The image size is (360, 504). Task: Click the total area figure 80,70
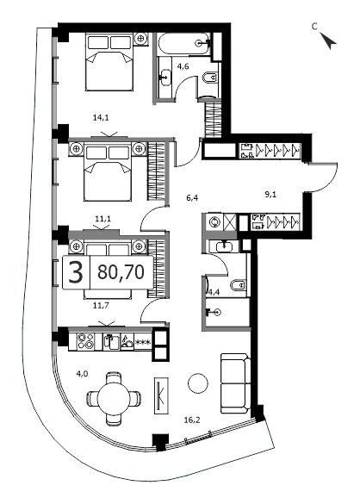click(x=121, y=272)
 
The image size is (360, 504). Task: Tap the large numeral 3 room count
click(x=76, y=272)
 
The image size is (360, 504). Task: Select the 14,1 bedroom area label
click(x=101, y=118)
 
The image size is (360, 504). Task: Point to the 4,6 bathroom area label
click(x=183, y=67)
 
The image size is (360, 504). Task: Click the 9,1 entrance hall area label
click(x=270, y=194)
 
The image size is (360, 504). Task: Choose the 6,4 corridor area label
click(x=192, y=198)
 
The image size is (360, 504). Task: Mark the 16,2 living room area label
click(x=192, y=420)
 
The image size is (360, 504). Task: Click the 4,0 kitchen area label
click(x=82, y=374)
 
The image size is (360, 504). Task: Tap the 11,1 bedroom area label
click(x=102, y=219)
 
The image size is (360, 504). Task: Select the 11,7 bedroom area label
click(x=102, y=305)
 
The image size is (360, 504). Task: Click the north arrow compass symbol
click(x=328, y=40)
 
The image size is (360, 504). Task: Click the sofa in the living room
click(x=236, y=383)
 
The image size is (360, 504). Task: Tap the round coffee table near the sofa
click(x=198, y=383)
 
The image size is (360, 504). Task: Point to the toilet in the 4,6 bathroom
click(x=210, y=78)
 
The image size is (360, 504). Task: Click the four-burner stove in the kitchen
click(x=85, y=341)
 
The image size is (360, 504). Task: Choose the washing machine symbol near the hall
click(x=214, y=222)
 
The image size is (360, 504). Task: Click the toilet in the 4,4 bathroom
click(x=239, y=285)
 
